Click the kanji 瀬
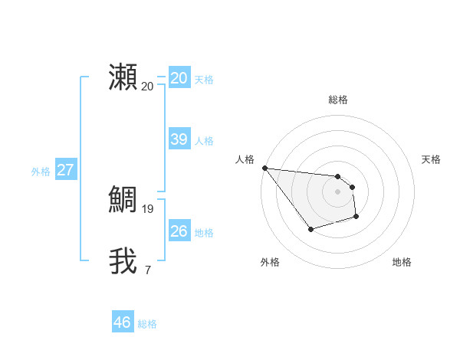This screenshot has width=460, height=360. (123, 77)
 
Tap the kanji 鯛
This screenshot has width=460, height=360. (123, 199)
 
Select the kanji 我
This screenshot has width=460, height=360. (123, 260)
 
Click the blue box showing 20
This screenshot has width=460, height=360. (179, 78)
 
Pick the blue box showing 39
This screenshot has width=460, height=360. (179, 139)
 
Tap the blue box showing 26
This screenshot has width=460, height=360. (179, 231)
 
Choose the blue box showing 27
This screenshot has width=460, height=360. (65, 170)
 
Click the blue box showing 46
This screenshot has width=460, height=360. (122, 322)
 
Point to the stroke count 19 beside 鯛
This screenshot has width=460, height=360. (148, 208)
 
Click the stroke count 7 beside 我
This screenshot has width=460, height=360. (148, 270)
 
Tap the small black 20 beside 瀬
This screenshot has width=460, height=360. (148, 86)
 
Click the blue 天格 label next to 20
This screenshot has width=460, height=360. (204, 80)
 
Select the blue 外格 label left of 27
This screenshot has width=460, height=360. (41, 172)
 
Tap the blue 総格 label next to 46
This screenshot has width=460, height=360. (147, 324)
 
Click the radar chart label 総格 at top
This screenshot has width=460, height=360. (338, 100)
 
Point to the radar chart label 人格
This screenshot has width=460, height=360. (245, 159)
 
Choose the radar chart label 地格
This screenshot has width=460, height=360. (402, 262)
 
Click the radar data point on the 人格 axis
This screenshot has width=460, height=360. (264, 168)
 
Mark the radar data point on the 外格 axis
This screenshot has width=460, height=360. (310, 229)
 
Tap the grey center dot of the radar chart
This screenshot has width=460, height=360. (338, 191)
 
